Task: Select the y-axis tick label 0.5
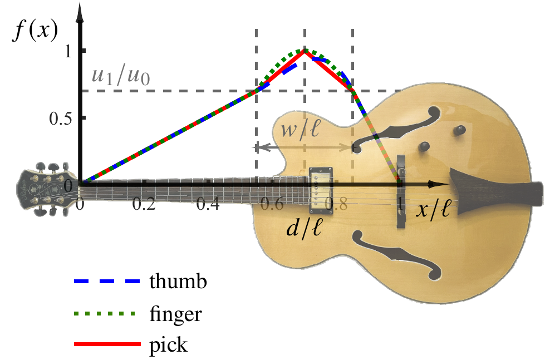coord(61,119)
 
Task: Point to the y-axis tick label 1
coord(67,51)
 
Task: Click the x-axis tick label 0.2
coord(144,204)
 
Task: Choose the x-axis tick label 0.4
coord(208,204)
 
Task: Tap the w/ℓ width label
coord(299,130)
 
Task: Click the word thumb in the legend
coord(178,282)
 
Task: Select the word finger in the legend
coord(175,314)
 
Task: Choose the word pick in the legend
coord(168,345)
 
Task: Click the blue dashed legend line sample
coord(107,281)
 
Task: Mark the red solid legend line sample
coord(107,344)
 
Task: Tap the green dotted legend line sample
coord(104,314)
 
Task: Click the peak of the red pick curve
coord(305,51)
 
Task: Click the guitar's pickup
coord(321,191)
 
